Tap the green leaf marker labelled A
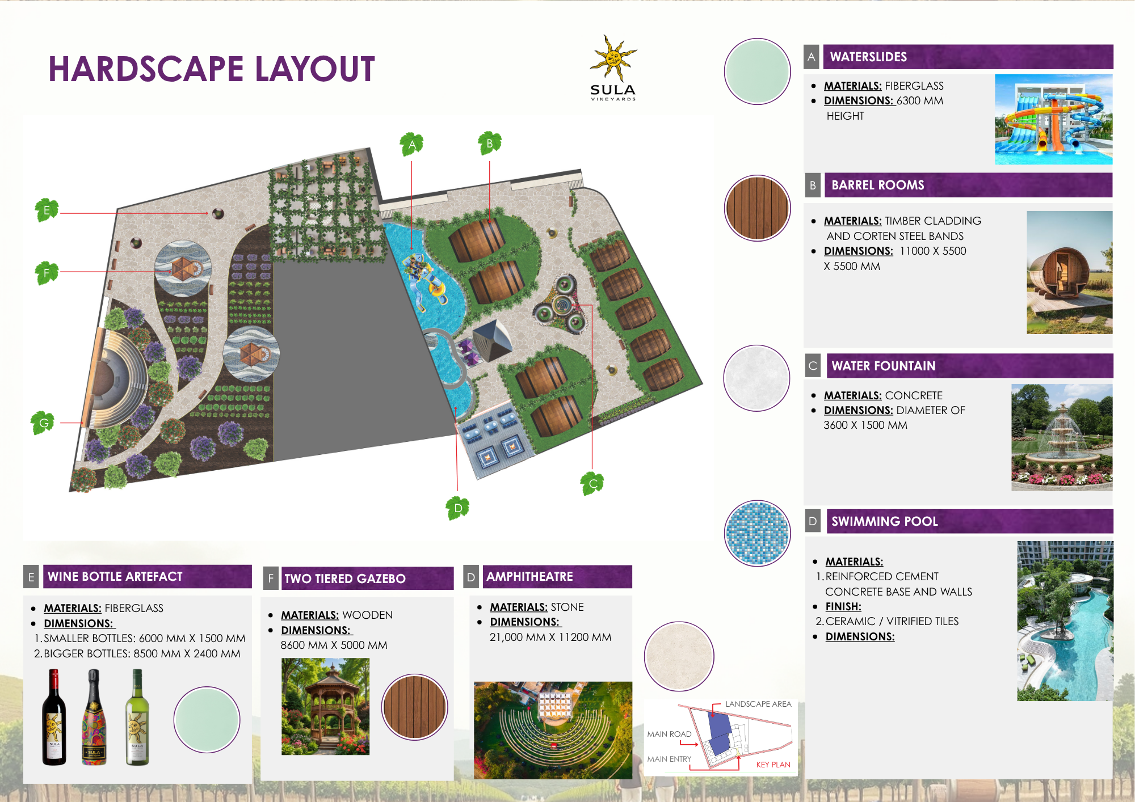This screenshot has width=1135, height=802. (411, 144)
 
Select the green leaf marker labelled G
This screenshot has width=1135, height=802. (43, 423)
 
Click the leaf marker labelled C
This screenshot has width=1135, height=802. (592, 483)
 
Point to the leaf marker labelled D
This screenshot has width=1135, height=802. (457, 508)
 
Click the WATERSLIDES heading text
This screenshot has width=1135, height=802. (868, 57)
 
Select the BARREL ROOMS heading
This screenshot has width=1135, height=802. (877, 185)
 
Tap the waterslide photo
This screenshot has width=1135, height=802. (1053, 119)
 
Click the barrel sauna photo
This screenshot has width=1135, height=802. (1069, 272)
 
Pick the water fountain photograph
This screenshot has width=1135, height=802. (1061, 437)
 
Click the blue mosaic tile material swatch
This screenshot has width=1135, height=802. (757, 533)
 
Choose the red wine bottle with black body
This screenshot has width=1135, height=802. (54, 717)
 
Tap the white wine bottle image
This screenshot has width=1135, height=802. (137, 717)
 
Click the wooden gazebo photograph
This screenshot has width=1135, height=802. (325, 706)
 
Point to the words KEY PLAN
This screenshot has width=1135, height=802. (773, 765)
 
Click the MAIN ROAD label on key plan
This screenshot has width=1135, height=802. (669, 734)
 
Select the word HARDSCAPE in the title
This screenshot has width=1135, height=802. (146, 69)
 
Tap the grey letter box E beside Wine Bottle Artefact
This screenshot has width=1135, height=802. (31, 577)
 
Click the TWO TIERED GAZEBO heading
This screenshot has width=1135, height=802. (344, 579)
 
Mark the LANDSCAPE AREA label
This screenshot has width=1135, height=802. (758, 704)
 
